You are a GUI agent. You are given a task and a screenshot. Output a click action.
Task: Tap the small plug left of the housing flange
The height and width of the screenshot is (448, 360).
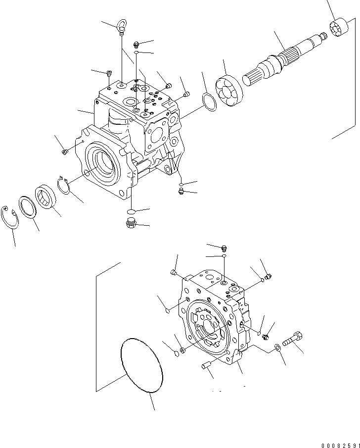click(64, 151)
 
